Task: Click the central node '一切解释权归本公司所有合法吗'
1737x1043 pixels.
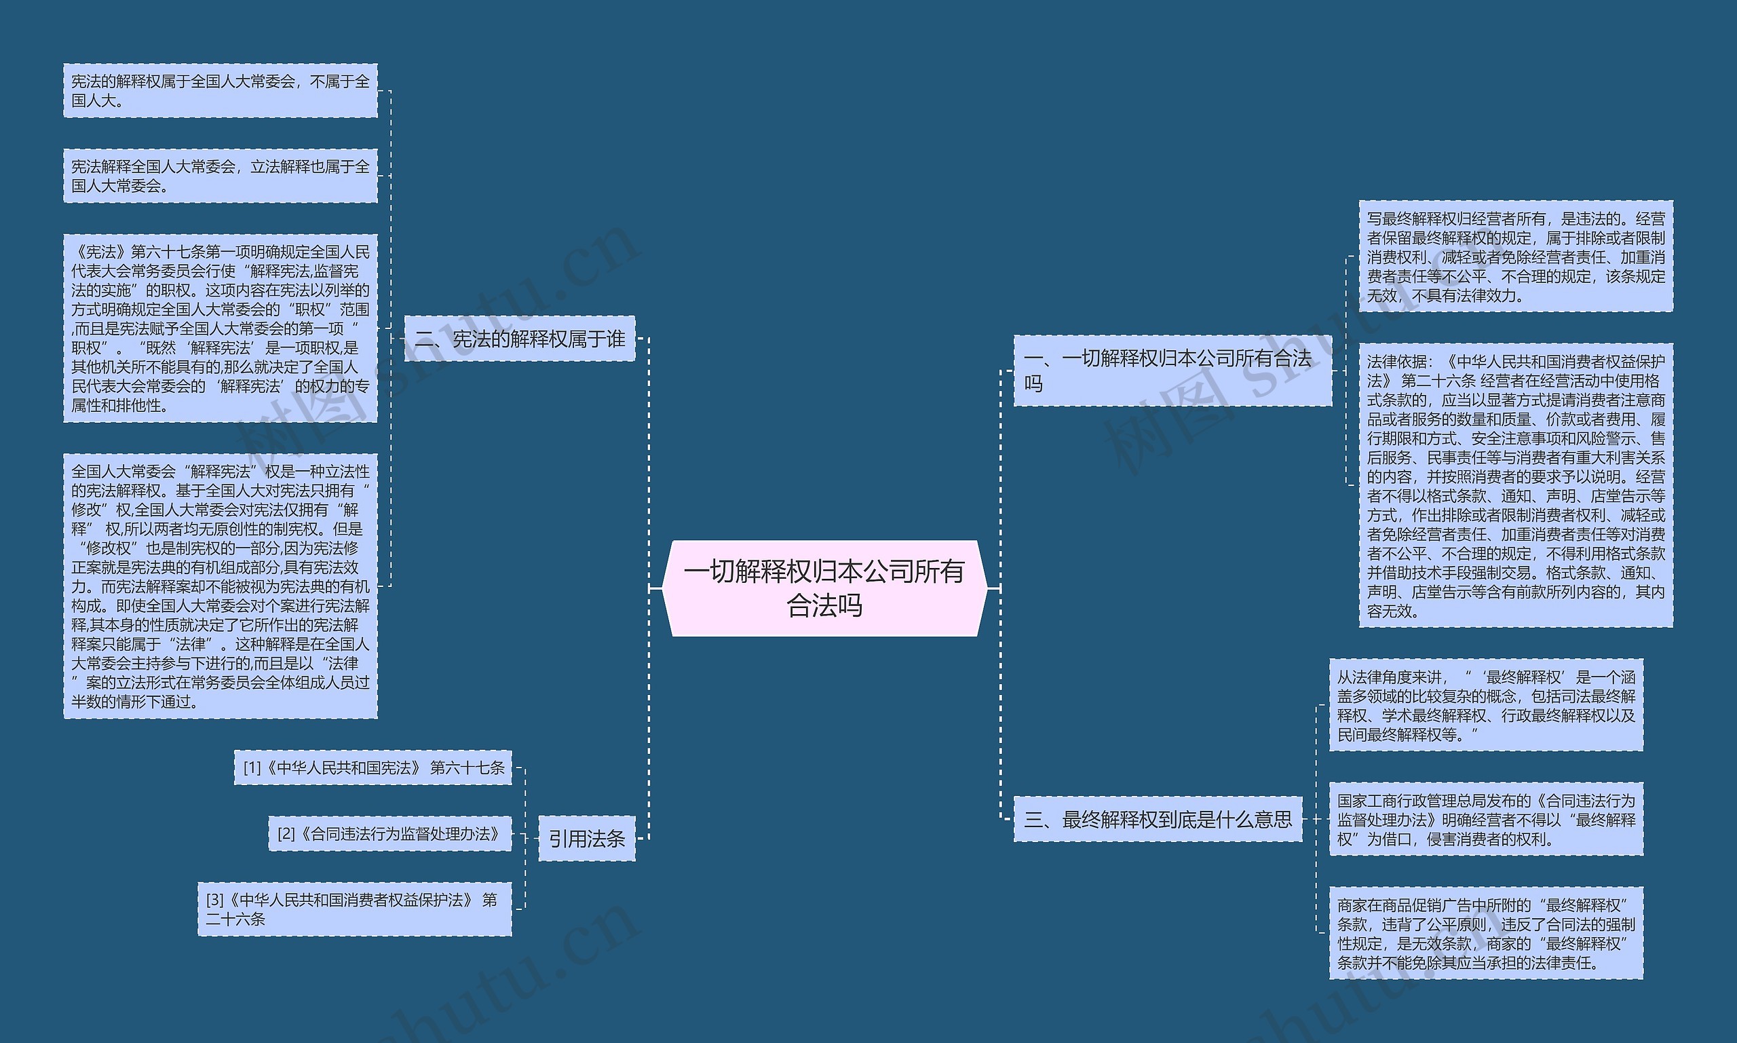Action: (824, 588)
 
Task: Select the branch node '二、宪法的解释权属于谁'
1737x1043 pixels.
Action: (520, 339)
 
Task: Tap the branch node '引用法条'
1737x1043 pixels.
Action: (587, 839)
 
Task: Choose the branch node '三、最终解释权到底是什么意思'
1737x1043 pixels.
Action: (1158, 819)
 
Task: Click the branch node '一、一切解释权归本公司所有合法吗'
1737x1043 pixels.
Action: (1172, 371)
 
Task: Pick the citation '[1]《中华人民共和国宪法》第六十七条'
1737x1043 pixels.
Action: (373, 767)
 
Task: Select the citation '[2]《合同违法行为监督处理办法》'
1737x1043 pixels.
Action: (390, 833)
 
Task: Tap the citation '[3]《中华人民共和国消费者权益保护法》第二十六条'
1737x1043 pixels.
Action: (354, 909)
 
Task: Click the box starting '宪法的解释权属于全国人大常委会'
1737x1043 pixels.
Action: (220, 91)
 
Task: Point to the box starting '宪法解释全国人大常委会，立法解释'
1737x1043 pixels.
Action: (220, 176)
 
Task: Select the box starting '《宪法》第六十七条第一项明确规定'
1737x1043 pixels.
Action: (220, 328)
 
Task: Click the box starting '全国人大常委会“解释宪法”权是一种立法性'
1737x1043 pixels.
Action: (220, 586)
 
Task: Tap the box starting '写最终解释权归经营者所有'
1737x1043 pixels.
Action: (1516, 257)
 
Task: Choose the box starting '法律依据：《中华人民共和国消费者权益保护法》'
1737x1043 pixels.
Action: (1516, 486)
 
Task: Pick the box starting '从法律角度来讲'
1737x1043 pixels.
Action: (1486, 705)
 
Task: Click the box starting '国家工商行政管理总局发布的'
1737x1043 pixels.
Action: (1486, 819)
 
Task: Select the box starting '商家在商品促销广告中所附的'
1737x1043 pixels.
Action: (1486, 932)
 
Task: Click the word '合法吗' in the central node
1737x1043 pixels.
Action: (824, 605)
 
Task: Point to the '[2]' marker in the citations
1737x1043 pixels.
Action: (286, 833)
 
